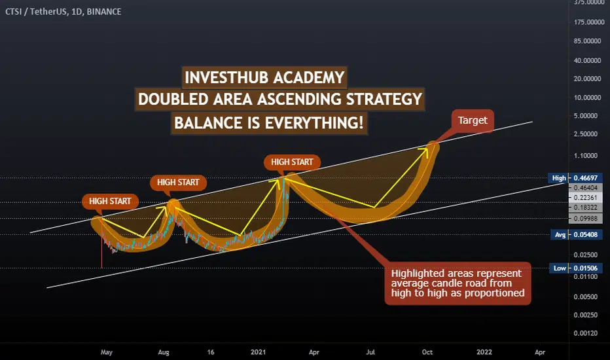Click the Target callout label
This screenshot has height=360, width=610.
coord(473,120)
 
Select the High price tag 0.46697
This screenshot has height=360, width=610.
coord(575,178)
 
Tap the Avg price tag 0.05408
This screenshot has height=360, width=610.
coord(577,235)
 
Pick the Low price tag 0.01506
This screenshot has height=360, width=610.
coord(576,268)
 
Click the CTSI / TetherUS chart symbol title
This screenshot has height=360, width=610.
coord(63,12)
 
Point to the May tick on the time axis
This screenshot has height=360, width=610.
coord(107,352)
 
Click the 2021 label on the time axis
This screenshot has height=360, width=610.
coord(259,352)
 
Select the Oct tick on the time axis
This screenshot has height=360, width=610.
coord(427,352)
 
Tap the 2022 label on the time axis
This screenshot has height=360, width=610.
coord(484,352)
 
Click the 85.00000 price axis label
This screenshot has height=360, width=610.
coord(588,41)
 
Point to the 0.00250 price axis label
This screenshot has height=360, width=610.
coord(586,315)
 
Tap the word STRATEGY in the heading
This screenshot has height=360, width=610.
coord(384,99)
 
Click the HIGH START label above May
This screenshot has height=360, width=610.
coord(110,201)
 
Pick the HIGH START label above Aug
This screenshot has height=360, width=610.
coord(178,182)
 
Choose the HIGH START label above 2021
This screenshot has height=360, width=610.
coord(292,162)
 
